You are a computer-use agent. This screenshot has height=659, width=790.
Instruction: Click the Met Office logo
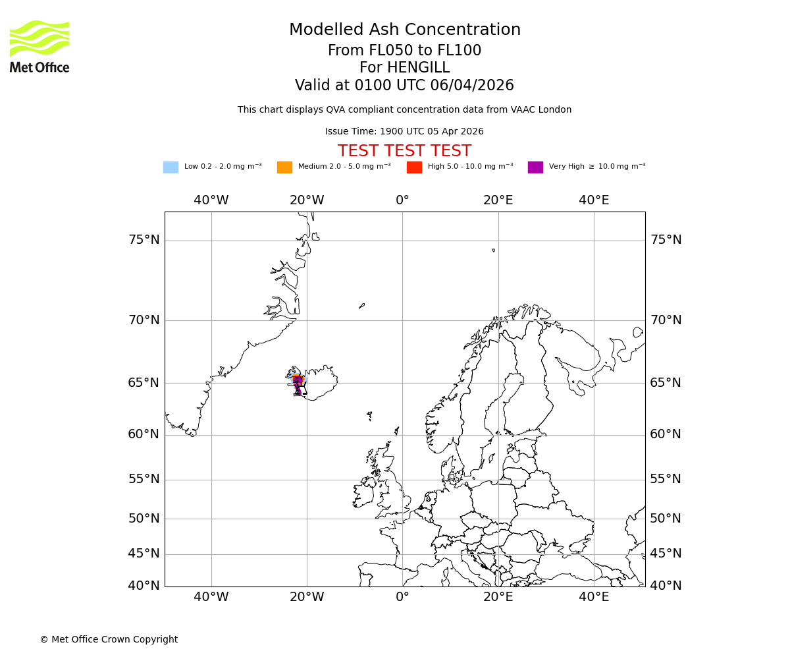click(39, 46)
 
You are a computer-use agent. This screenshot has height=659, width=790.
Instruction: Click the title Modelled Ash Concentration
click(404, 30)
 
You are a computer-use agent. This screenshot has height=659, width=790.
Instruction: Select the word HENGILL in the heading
click(418, 68)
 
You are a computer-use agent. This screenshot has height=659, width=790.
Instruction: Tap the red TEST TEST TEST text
click(404, 152)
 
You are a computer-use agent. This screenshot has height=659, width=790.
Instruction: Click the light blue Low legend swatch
click(171, 167)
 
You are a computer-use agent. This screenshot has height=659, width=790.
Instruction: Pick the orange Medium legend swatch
click(284, 167)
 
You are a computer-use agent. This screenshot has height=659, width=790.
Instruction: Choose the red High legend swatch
click(414, 167)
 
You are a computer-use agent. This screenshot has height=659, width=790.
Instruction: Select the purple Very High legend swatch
click(535, 167)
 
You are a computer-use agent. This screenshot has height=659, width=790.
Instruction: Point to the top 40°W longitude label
click(211, 200)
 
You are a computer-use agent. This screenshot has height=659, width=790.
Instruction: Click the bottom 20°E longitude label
click(498, 597)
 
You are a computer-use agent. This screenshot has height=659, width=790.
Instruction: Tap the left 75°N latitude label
click(144, 240)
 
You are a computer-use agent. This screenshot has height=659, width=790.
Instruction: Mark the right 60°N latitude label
click(666, 434)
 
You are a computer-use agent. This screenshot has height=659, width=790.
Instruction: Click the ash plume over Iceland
click(297, 382)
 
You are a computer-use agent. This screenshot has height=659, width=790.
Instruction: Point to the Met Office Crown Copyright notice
click(109, 640)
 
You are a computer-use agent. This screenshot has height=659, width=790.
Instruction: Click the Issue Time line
click(404, 132)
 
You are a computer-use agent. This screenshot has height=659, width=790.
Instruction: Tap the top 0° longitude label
click(402, 200)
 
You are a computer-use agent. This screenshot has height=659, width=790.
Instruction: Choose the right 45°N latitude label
click(666, 554)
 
